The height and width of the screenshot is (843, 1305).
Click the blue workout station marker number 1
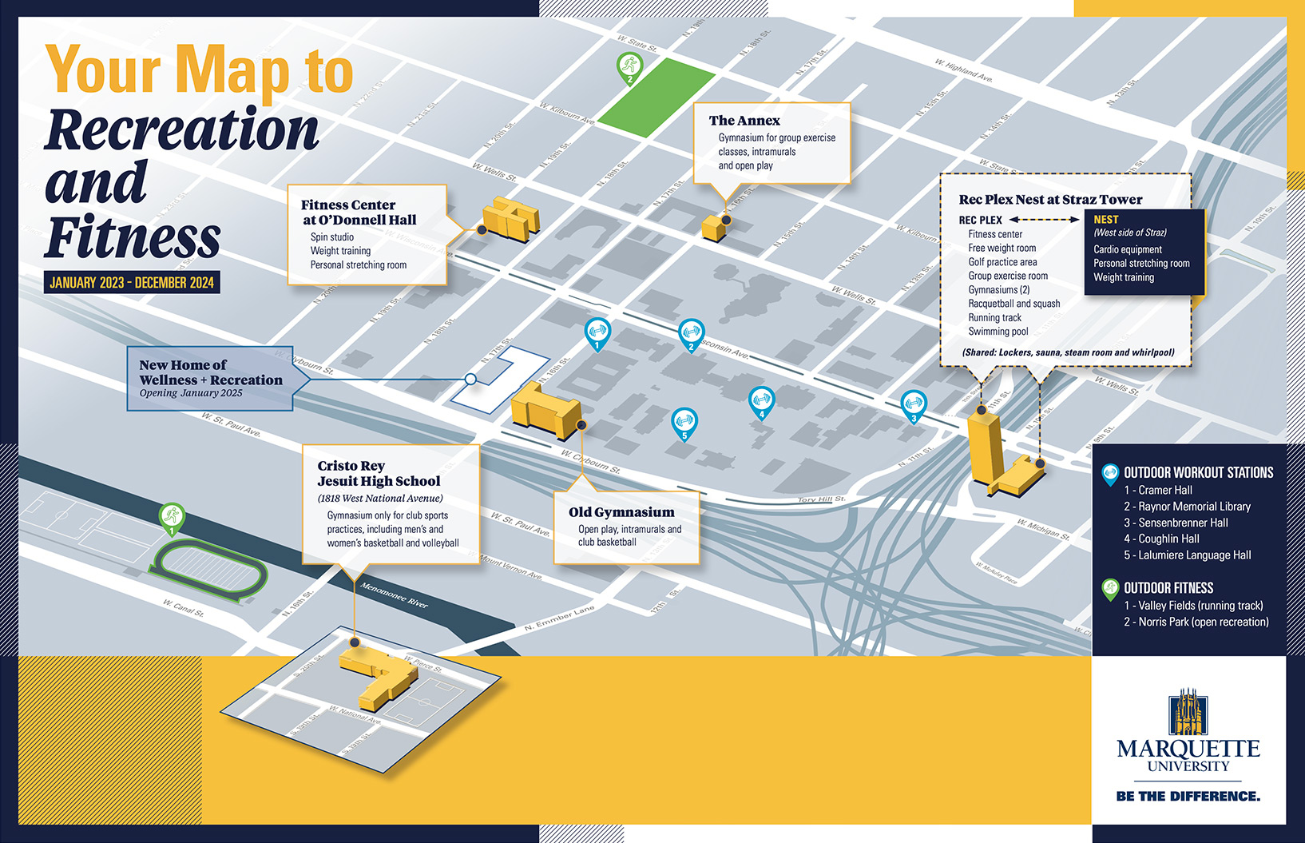pyautogui.click(x=597, y=332)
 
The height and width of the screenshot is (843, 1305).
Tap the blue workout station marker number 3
pyautogui.click(x=914, y=404)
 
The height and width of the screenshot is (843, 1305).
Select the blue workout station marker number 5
pyautogui.click(x=684, y=421)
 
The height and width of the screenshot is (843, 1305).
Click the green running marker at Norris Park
pyautogui.click(x=630, y=66)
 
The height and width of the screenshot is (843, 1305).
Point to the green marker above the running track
pyautogui.click(x=172, y=517)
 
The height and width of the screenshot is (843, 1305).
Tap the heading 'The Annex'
pyautogui.click(x=744, y=121)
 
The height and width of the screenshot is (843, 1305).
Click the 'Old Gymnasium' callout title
pyautogui.click(x=621, y=512)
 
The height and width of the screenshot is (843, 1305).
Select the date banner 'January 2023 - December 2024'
pyautogui.click(x=132, y=283)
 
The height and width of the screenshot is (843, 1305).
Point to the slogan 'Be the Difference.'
pyautogui.click(x=1188, y=797)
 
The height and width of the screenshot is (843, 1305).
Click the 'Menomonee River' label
pyautogui.click(x=394, y=595)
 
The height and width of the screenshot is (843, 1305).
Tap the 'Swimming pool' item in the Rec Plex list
pyautogui.click(x=998, y=332)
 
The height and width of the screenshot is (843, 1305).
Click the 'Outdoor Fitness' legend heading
pyautogui.click(x=1168, y=588)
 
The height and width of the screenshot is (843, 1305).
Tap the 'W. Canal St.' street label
pyautogui.click(x=183, y=608)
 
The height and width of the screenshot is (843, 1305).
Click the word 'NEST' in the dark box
pyautogui.click(x=1106, y=220)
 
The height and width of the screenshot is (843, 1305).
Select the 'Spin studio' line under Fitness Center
pyautogui.click(x=332, y=237)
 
